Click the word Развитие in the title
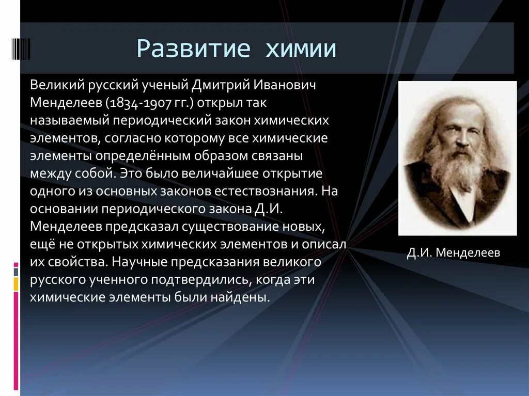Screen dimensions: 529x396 point(193,49)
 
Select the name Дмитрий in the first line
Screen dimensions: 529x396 point(221,85)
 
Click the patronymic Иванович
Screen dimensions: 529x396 point(285,85)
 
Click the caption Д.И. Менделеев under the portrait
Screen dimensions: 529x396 point(454,252)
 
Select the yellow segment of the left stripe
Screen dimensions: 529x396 point(16,283)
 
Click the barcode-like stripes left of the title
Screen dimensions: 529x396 point(21,49)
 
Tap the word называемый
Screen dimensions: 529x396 point(70,121)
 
